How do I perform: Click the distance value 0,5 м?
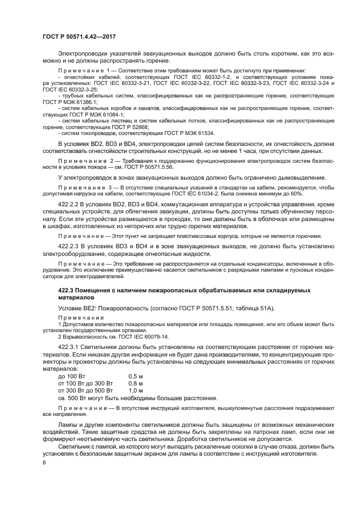[136, 376]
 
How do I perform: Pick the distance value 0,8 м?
[136, 383]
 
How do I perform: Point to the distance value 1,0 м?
[136, 390]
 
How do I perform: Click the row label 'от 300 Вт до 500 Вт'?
[85, 390]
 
